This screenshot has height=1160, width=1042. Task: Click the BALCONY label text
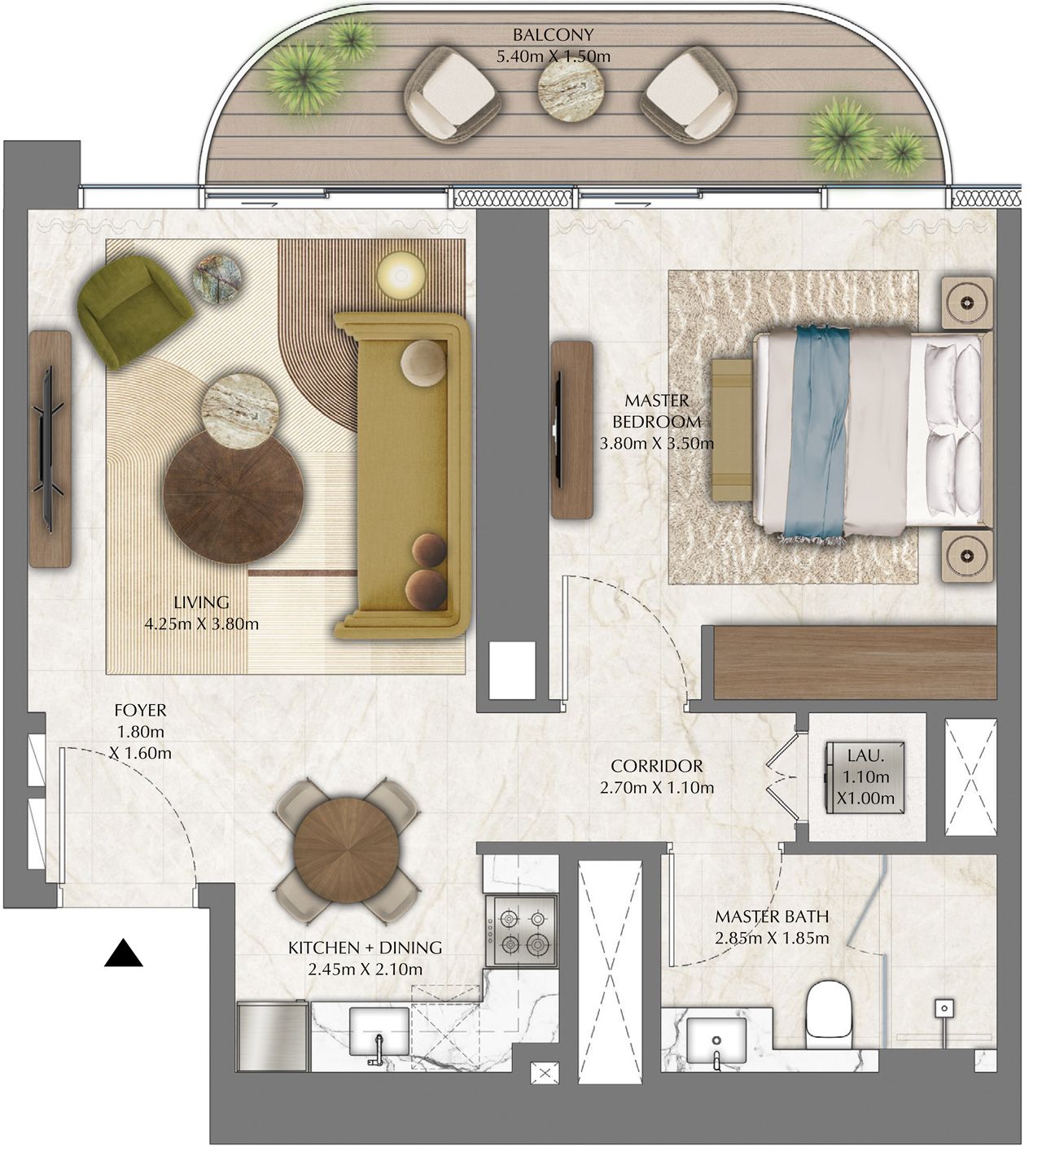(x=553, y=35)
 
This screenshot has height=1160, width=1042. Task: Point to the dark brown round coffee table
(x=233, y=496)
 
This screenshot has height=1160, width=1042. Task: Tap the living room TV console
(x=50, y=449)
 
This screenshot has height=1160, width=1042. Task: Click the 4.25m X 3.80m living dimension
(x=201, y=624)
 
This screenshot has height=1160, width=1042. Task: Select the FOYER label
(x=140, y=710)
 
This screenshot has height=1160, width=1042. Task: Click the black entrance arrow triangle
(x=124, y=953)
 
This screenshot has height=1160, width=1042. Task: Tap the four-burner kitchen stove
(x=521, y=930)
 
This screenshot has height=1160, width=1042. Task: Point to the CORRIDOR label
(x=656, y=766)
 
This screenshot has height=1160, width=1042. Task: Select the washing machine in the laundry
(x=865, y=777)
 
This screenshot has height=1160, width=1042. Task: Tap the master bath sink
(x=716, y=1038)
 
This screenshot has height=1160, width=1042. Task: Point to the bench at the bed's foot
(x=732, y=430)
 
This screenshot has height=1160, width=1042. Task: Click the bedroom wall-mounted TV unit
(x=571, y=429)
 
